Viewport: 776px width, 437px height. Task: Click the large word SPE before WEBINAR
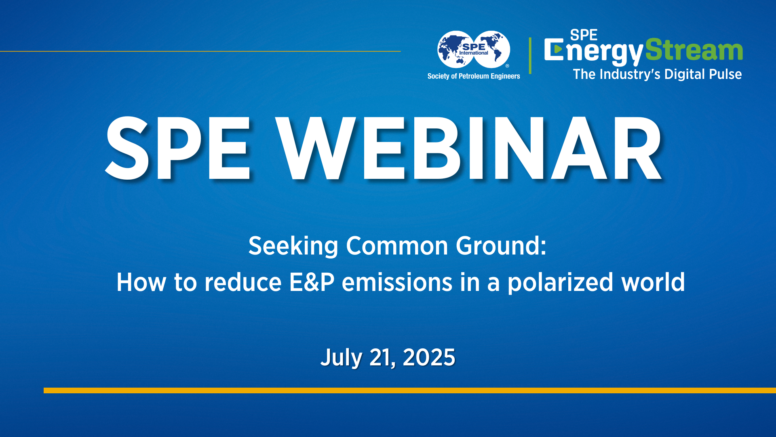tap(178, 148)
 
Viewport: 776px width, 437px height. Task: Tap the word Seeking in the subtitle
tap(293, 246)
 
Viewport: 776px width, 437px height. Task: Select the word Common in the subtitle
tap(397, 246)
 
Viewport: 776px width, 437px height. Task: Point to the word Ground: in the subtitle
tap(501, 246)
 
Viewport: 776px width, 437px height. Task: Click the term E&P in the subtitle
tap(312, 282)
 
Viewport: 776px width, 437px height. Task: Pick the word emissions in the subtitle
tap(397, 282)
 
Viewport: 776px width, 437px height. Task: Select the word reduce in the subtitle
tap(243, 282)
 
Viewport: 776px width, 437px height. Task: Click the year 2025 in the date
tap(429, 358)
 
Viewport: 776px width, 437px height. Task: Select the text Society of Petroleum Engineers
tap(474, 76)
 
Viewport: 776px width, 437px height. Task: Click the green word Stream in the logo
tap(694, 50)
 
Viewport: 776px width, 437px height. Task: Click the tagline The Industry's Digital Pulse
tap(657, 74)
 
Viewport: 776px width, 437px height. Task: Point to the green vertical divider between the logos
tap(530, 55)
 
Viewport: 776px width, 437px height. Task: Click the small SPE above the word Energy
tap(583, 35)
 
